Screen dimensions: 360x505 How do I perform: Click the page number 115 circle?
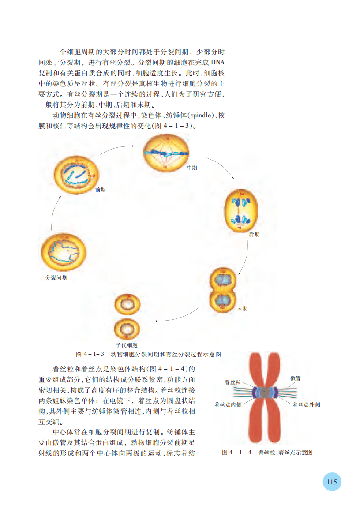[x=332, y=482]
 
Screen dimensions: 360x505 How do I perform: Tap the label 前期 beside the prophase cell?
[x=101, y=190]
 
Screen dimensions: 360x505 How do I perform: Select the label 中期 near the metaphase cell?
[x=192, y=168]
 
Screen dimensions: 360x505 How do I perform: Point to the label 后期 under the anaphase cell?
[x=254, y=235]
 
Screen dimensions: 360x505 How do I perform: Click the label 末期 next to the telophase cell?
[x=243, y=309]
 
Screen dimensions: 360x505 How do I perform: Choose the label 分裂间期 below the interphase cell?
[x=56, y=277]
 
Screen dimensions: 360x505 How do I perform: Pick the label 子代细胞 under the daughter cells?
[x=127, y=345]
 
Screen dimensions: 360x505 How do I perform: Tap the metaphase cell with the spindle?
[x=166, y=153]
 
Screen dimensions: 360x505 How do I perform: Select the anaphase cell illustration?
[x=241, y=211]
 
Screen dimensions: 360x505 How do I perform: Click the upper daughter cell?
[x=127, y=304]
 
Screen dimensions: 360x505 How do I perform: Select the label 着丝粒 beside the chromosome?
[x=232, y=382]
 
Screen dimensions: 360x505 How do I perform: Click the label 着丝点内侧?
[x=228, y=404]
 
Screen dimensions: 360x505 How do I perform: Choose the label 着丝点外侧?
[x=307, y=404]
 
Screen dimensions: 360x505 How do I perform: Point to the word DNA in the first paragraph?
[x=218, y=62]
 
